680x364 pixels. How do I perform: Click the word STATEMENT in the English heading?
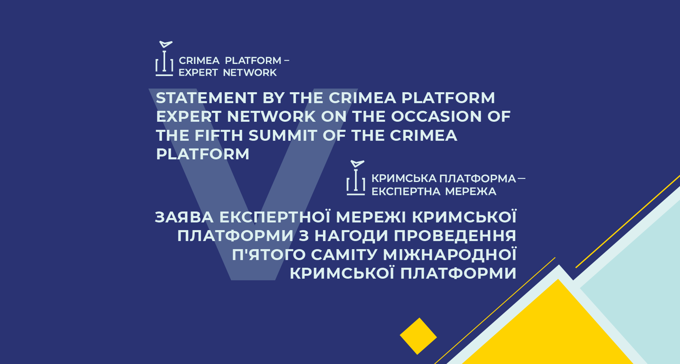[206, 98]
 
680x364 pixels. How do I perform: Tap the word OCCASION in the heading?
[436, 116]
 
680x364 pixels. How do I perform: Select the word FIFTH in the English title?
[219, 135]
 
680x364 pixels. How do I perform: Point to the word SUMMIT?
[283, 135]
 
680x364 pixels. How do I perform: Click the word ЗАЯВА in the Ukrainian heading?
[184, 217]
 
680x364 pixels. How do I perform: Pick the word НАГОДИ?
[351, 236]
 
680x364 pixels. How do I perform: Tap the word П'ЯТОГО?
[269, 255]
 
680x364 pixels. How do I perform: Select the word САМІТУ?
[344, 255]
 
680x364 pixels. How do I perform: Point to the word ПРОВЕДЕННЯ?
[455, 236]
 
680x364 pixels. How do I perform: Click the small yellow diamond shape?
[419, 336]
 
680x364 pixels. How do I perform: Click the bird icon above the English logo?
[166, 44]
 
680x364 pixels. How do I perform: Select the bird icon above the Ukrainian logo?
[357, 164]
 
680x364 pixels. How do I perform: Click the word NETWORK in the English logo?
[250, 73]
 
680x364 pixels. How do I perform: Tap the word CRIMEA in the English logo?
[199, 61]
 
